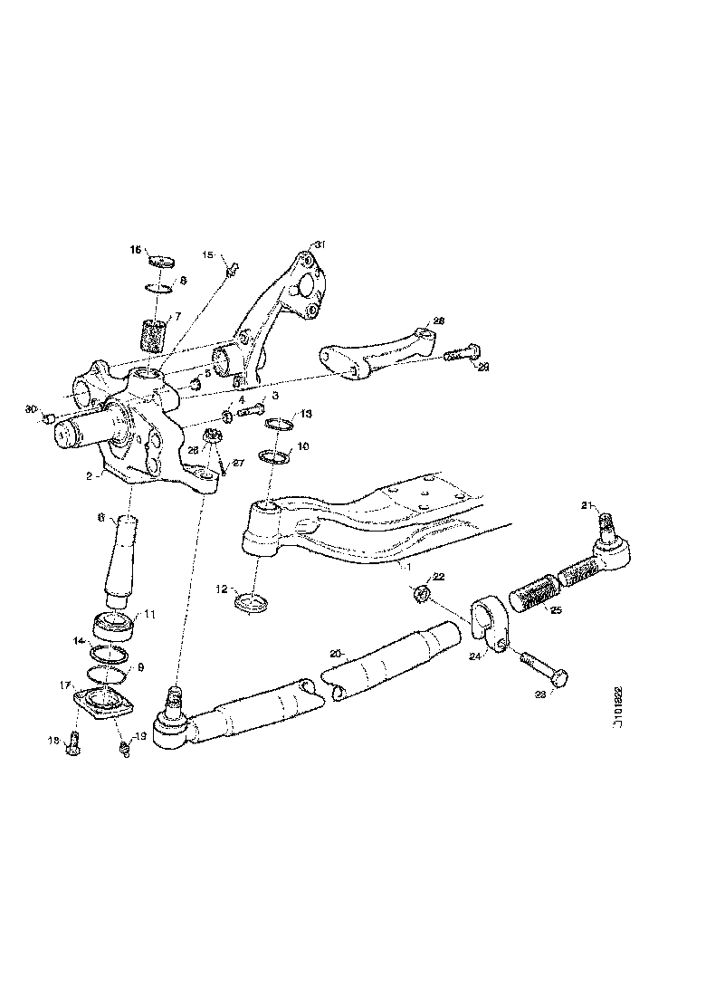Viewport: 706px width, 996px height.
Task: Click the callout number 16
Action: (x=135, y=249)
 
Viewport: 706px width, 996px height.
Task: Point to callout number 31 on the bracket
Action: (x=318, y=244)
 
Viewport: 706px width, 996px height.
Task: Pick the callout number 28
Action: (x=438, y=321)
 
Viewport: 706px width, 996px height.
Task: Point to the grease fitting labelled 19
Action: (x=126, y=747)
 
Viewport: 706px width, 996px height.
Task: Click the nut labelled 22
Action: (x=420, y=594)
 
